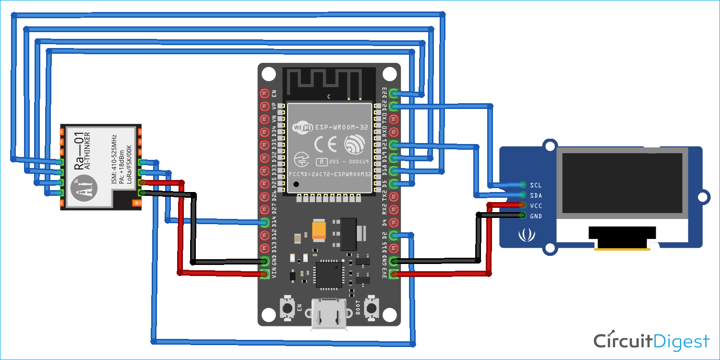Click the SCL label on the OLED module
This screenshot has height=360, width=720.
pos(536,185)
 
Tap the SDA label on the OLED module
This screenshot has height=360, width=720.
pos(536,195)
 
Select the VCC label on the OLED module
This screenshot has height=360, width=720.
pos(536,205)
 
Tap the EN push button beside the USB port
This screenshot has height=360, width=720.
pos(288,308)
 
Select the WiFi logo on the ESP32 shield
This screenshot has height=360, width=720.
pos(302,128)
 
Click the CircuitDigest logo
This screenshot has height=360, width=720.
pos(651,341)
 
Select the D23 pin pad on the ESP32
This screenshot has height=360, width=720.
pos(394,93)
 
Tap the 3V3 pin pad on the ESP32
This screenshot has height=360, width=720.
pos(394,274)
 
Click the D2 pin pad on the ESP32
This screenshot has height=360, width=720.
pos(394,235)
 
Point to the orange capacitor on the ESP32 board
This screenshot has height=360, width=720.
pos(319,229)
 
